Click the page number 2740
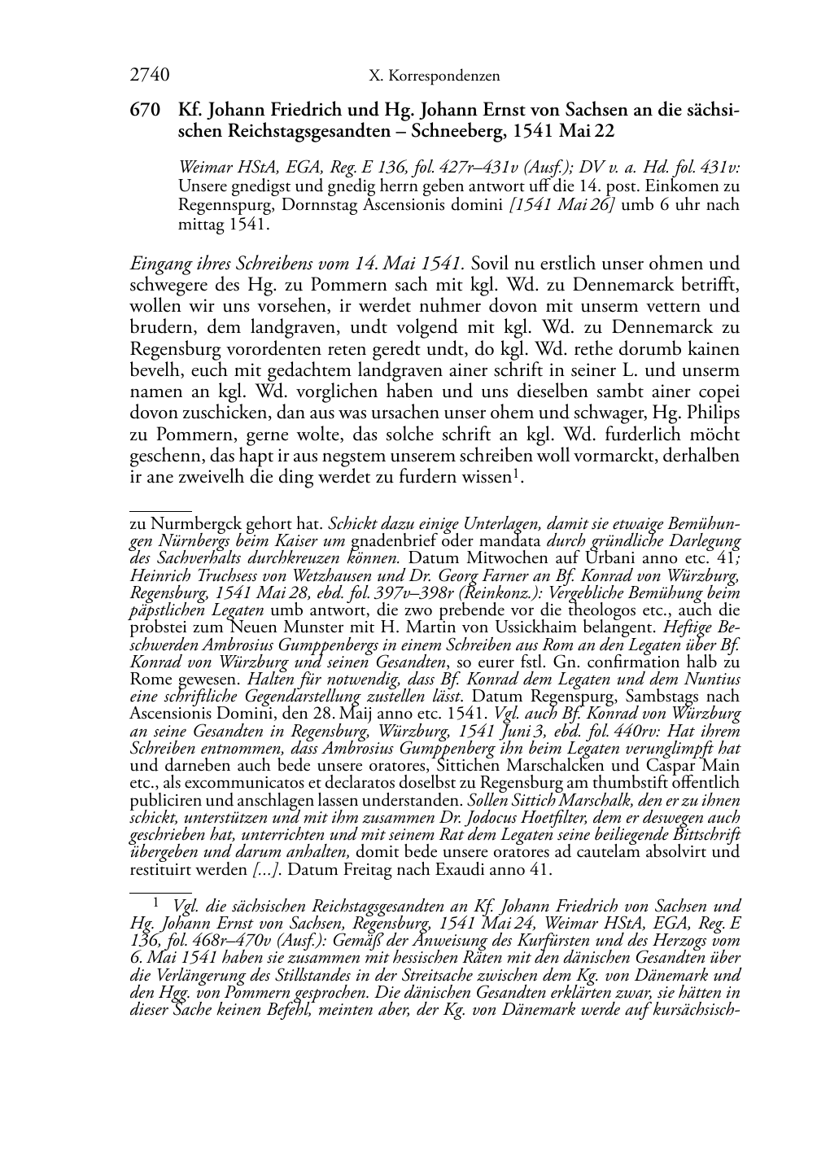pyautogui.click(x=149, y=76)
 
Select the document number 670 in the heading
pyautogui.click(x=144, y=111)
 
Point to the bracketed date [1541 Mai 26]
pyautogui.click(x=562, y=205)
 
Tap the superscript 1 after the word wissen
pyautogui.click(x=515, y=473)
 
